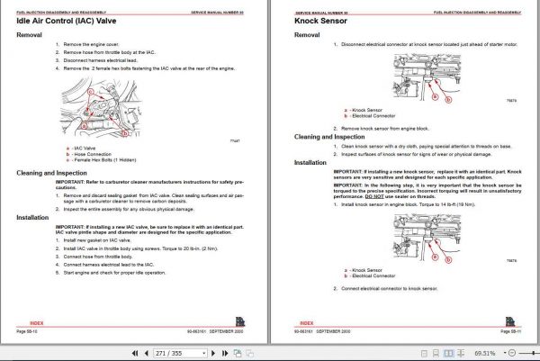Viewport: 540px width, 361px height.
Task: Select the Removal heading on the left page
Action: click(31, 35)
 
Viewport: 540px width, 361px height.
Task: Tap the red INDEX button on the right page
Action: click(307, 321)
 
